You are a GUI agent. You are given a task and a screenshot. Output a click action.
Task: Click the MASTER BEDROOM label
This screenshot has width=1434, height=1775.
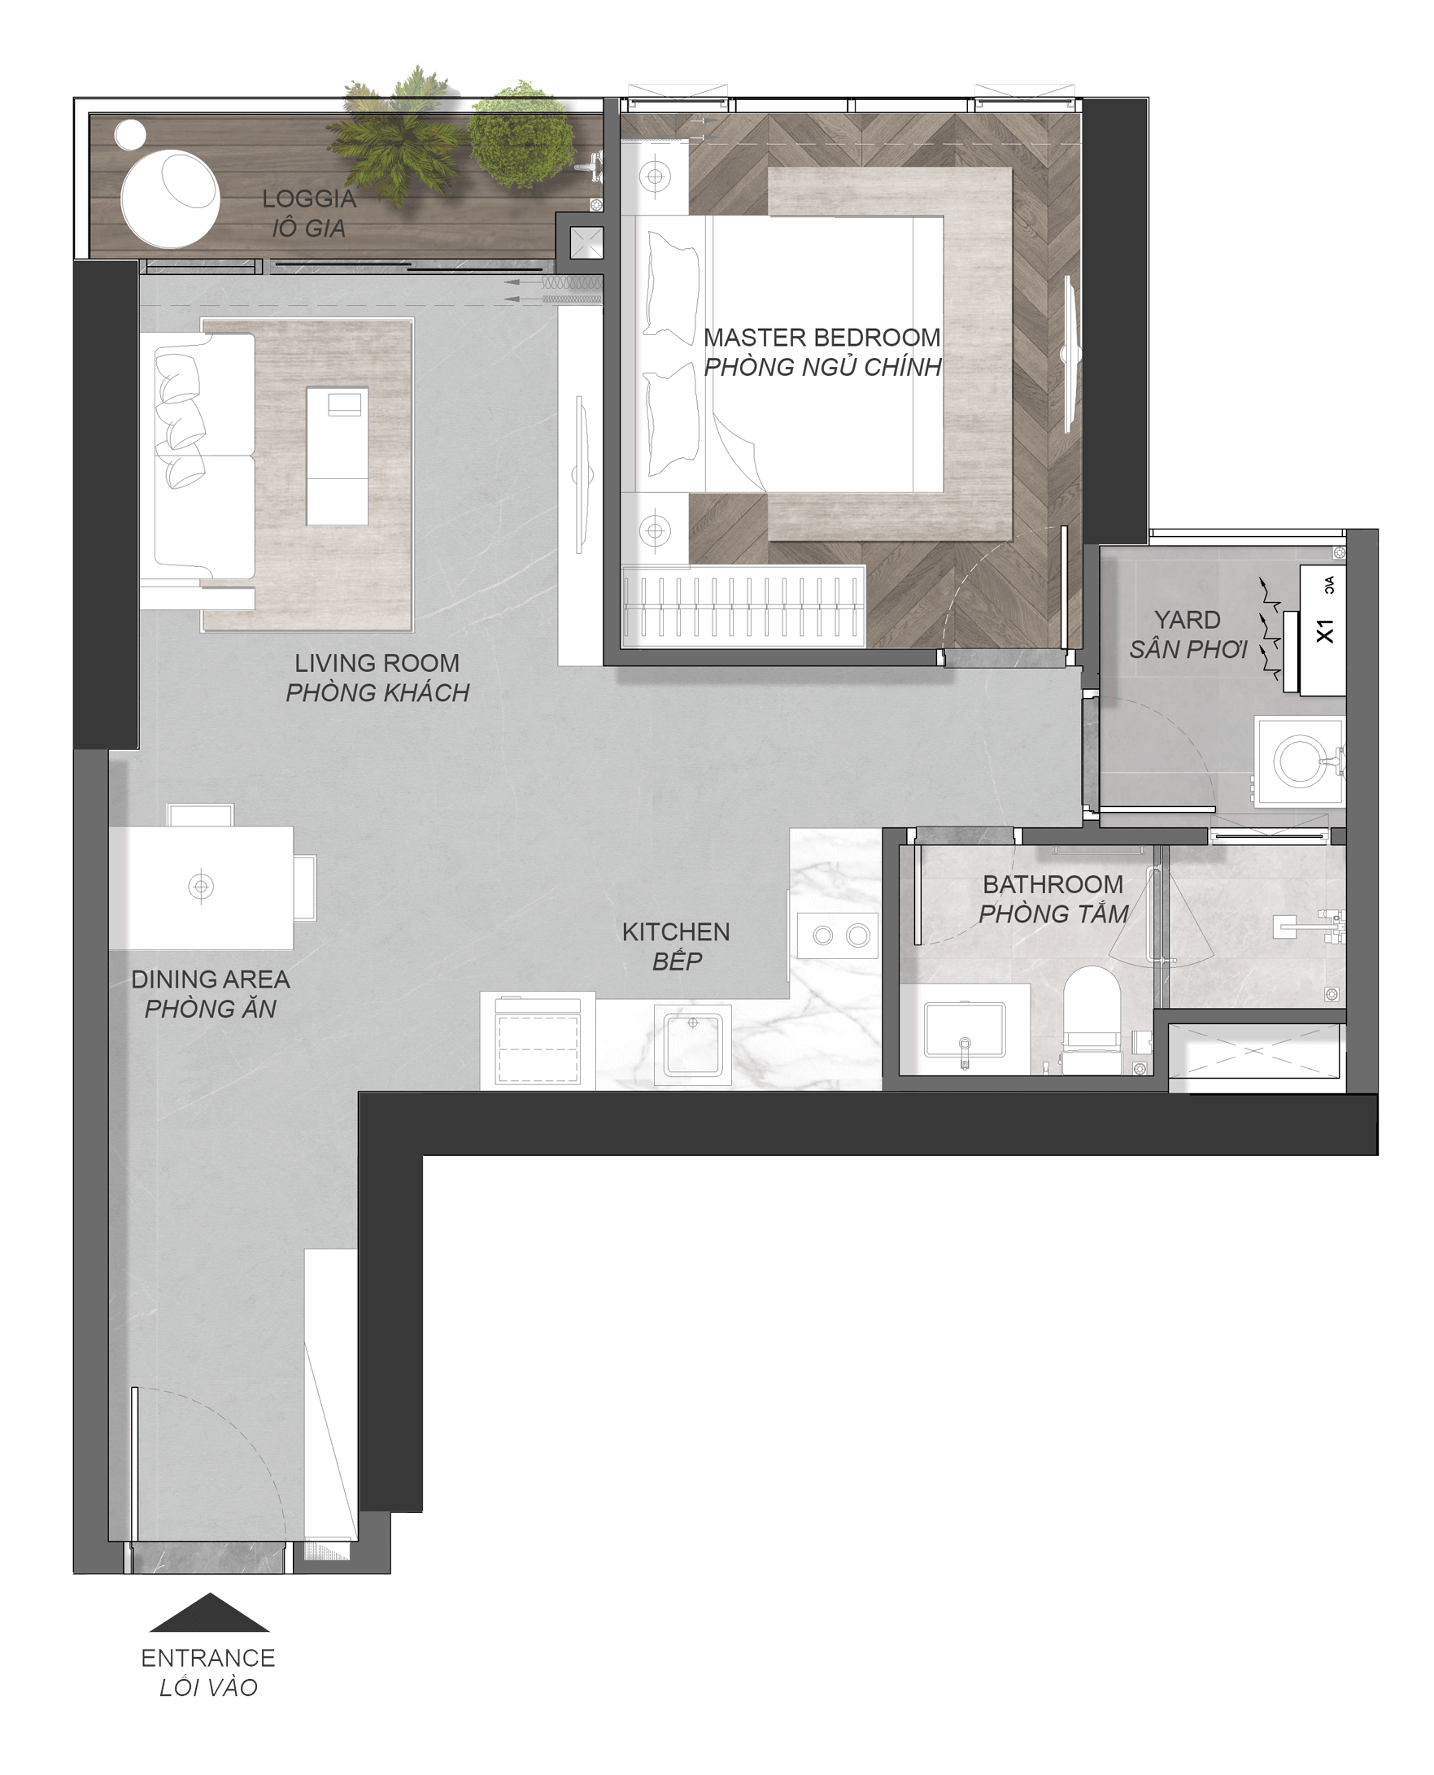click(822, 338)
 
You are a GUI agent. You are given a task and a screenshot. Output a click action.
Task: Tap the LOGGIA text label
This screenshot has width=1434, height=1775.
click(309, 199)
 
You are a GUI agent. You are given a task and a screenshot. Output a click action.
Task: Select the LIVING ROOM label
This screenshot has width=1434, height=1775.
click(377, 663)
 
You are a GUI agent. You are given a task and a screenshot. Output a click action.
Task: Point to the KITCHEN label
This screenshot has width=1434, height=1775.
click(676, 932)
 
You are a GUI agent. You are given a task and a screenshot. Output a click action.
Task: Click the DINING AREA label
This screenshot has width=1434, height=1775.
click(211, 979)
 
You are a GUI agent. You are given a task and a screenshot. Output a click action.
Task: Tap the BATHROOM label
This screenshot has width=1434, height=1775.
click(1053, 884)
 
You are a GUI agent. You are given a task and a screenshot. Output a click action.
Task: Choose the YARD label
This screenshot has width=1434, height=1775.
click(1187, 620)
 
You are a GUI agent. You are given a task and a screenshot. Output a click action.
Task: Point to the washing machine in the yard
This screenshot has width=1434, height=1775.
click(1300, 760)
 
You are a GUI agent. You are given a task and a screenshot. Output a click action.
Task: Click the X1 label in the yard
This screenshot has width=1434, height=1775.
click(1324, 631)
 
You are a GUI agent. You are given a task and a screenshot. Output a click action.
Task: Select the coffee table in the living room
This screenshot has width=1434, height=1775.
click(337, 456)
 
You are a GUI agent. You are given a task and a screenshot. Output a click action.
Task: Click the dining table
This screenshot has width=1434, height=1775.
click(202, 887)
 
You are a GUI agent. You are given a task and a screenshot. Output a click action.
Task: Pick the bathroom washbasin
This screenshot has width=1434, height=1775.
click(964, 1031)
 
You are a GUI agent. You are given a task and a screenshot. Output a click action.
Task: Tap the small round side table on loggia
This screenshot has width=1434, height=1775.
click(129, 135)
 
